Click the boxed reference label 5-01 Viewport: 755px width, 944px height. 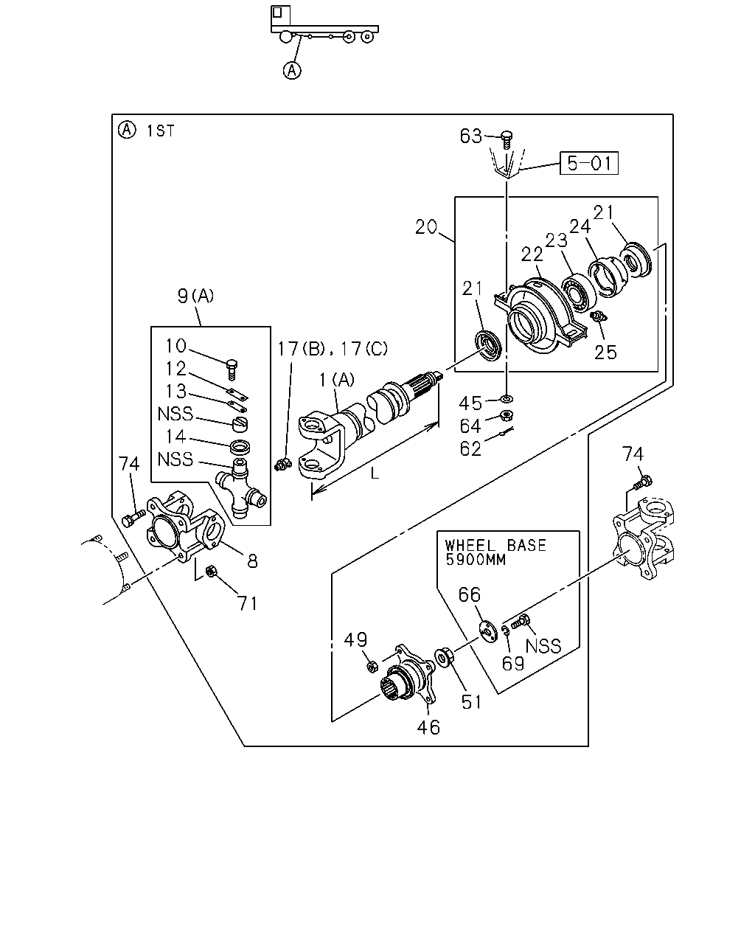588,163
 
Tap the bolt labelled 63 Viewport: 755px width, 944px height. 507,140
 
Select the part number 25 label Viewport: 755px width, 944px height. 605,353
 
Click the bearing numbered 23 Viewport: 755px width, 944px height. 578,291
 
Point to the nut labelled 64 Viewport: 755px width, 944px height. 507,414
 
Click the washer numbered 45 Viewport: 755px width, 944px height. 507,399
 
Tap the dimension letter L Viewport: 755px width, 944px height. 375,473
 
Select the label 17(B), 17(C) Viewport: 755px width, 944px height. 333,349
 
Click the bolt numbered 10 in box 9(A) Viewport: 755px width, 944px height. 232,369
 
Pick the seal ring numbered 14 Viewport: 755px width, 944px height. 240,447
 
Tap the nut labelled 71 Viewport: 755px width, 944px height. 210,571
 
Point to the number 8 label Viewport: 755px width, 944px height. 252,560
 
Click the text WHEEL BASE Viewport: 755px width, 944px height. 495,545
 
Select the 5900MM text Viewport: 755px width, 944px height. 476,560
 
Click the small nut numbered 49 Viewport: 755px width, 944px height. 372,667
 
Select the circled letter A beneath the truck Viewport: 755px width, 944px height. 292,70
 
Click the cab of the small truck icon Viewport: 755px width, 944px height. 280,15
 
